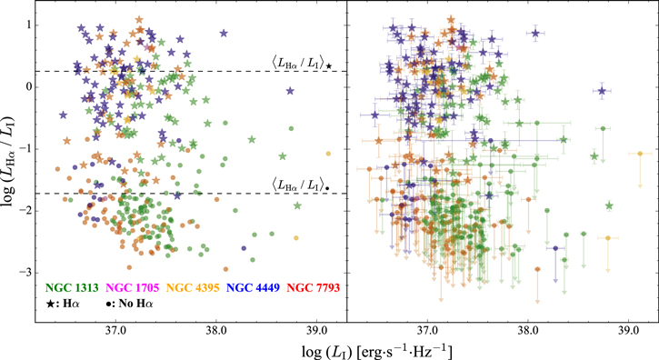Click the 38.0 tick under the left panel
pos(215,334)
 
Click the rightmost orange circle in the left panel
pos(328,153)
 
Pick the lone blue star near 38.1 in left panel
pos(224,34)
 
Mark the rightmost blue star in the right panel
pos(602,91)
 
